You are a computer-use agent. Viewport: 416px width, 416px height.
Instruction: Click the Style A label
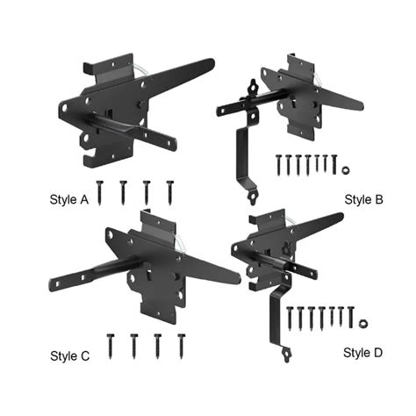(x=69, y=199)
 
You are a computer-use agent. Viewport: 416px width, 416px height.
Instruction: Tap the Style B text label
(x=363, y=200)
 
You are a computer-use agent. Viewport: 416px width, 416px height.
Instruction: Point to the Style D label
(x=362, y=353)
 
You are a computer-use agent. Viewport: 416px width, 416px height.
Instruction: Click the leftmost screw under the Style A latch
(x=103, y=192)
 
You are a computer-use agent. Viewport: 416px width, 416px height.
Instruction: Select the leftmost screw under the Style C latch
(x=111, y=345)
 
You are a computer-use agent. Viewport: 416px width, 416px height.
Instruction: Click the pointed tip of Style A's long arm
(x=212, y=61)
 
